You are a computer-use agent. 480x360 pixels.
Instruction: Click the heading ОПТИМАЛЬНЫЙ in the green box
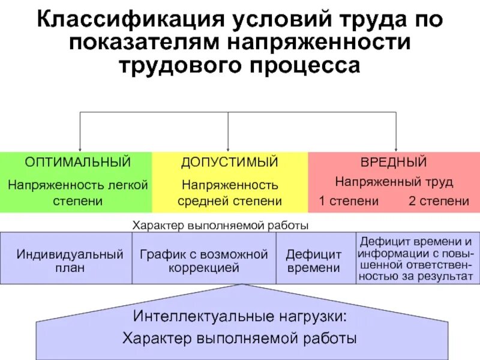click(x=77, y=162)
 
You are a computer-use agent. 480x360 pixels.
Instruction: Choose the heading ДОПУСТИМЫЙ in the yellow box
click(x=230, y=162)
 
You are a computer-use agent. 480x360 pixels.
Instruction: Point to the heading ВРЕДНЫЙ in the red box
click(x=393, y=162)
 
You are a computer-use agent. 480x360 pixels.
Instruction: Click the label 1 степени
click(x=349, y=201)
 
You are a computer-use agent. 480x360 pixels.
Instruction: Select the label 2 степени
click(x=439, y=201)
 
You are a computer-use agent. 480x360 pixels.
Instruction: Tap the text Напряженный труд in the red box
click(x=394, y=181)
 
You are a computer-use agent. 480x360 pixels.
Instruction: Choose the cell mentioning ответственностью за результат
click(x=415, y=259)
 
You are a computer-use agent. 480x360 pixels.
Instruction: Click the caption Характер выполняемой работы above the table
click(x=220, y=226)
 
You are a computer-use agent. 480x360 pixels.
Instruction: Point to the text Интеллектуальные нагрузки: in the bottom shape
click(x=240, y=316)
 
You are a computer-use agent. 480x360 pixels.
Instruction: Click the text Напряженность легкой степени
click(x=77, y=193)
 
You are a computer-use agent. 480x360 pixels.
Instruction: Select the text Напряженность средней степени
click(x=230, y=193)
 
